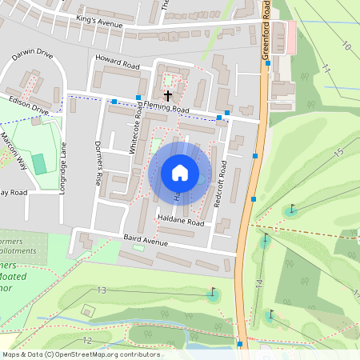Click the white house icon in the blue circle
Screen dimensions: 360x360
(180, 172)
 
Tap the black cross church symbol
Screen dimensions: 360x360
(166, 94)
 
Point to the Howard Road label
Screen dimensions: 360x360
(118, 62)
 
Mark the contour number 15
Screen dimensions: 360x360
(338, 152)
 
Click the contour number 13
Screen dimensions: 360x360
(101, 290)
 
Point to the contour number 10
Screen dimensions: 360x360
(346, 46)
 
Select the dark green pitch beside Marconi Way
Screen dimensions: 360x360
(62, 162)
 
